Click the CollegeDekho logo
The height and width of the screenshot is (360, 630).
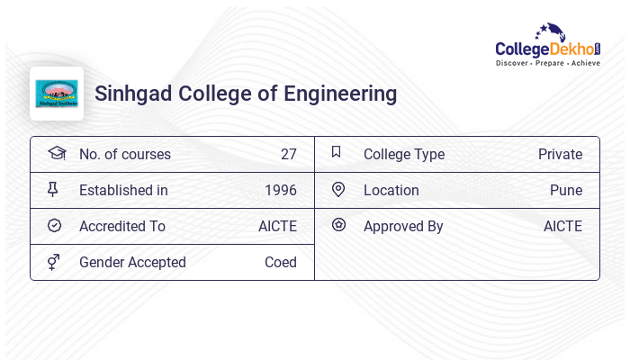[548, 46]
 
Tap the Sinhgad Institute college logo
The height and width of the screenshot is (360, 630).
[57, 94]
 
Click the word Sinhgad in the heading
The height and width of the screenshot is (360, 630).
[133, 94]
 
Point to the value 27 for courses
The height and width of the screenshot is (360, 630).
[288, 154]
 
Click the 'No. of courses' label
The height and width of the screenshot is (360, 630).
[125, 154]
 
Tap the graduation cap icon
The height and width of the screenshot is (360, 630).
[56, 153]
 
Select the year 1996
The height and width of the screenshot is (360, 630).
[281, 190]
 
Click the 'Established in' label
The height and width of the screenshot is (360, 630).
[123, 190]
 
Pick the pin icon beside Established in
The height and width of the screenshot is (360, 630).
[55, 189]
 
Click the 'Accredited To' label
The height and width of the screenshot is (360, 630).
[122, 226]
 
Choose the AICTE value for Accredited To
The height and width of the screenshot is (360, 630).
[277, 226]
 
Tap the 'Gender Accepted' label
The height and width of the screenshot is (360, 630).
[132, 262]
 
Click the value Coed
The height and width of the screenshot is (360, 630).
[281, 262]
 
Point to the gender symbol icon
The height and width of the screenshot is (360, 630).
[55, 262]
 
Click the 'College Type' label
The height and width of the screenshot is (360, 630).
[404, 154]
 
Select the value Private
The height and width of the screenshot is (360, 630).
[560, 154]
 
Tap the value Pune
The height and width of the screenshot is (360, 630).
[566, 190]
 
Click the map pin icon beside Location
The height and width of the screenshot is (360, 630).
[338, 189]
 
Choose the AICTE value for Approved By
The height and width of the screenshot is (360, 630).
[562, 226]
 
